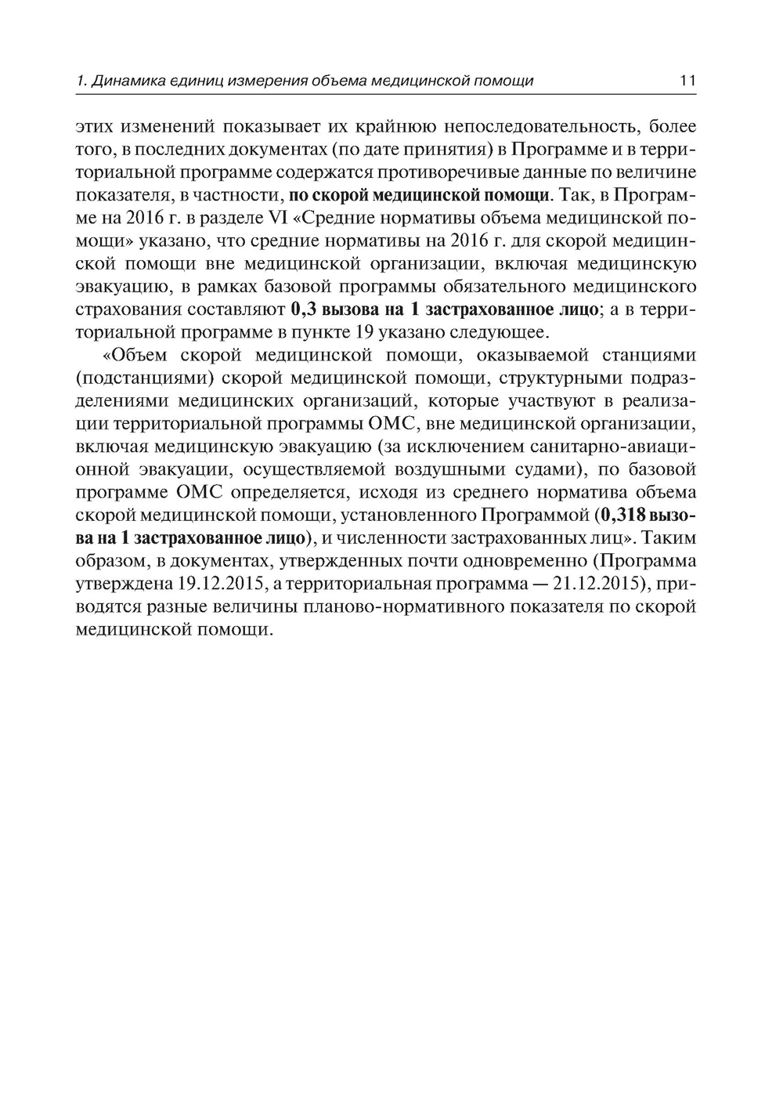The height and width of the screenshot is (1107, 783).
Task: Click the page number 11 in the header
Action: pos(688,81)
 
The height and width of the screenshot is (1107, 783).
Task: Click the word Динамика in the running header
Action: pos(124,81)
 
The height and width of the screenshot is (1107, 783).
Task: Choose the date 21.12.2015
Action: pos(586,584)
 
